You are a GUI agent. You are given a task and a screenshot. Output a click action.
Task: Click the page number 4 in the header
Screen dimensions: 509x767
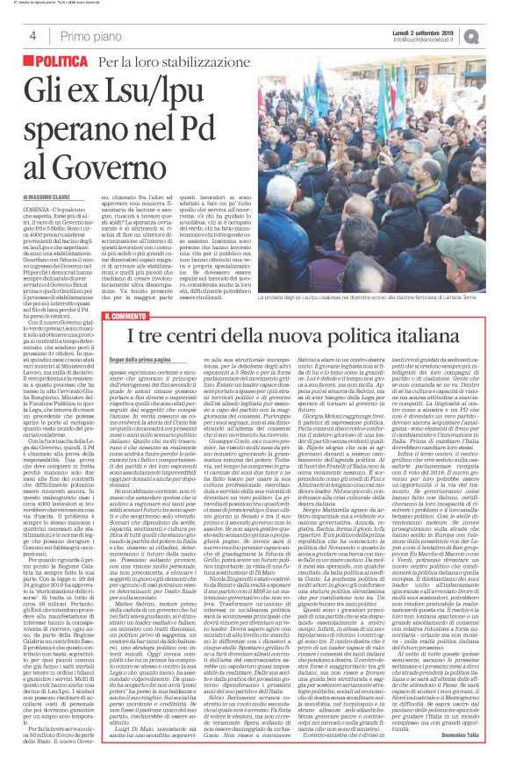pyautogui.click(x=32, y=35)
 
